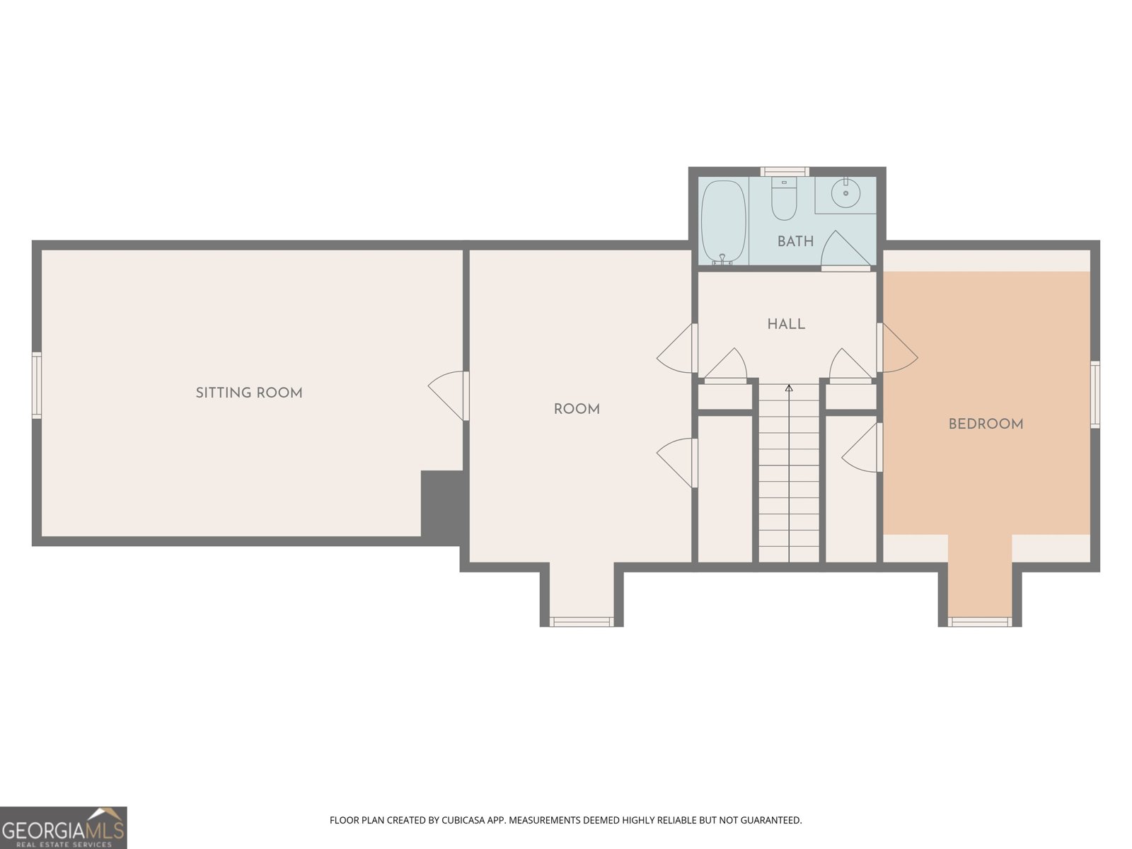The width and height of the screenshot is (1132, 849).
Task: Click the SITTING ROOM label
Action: click(x=249, y=393)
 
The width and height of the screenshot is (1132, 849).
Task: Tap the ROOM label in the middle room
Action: click(x=577, y=409)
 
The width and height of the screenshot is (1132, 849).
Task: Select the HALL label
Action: click(x=786, y=324)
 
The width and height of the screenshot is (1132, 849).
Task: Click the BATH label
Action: click(x=795, y=241)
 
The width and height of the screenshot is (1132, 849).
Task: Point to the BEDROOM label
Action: click(x=986, y=424)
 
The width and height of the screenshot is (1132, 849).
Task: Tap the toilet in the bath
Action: click(x=784, y=200)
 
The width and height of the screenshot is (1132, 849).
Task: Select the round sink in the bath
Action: click(x=845, y=192)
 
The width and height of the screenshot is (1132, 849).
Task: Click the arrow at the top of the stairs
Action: click(x=789, y=388)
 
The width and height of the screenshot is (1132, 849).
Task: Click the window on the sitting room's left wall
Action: click(x=37, y=385)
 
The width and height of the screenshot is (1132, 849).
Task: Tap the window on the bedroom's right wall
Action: click(x=1095, y=394)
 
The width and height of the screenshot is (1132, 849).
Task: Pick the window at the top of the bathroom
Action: click(x=784, y=171)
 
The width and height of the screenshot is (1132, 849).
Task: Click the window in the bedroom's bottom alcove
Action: click(x=980, y=622)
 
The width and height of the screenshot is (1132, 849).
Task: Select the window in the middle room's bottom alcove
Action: click(x=582, y=622)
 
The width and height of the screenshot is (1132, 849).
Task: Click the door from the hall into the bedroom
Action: click(x=897, y=349)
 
